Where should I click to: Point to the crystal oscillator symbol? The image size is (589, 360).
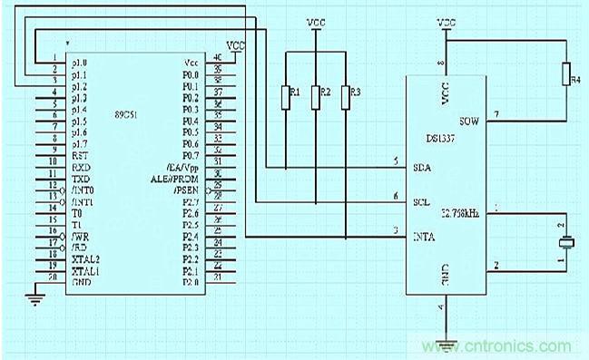[564, 242]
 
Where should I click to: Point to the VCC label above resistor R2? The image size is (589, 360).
[316, 22]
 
